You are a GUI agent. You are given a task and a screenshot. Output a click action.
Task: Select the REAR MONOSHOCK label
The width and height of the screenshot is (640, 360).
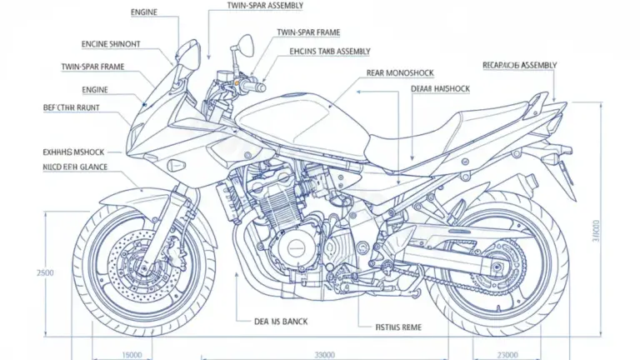(x=401, y=72)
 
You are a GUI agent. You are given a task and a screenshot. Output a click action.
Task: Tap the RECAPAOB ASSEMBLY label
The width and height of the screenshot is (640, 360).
(x=520, y=64)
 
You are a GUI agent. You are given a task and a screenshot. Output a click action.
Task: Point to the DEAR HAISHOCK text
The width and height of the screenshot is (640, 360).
(x=440, y=88)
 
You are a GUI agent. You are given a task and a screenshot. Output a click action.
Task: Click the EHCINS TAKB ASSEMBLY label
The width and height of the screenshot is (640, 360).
(x=329, y=51)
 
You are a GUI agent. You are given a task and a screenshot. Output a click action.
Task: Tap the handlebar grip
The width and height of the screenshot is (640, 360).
(x=253, y=86)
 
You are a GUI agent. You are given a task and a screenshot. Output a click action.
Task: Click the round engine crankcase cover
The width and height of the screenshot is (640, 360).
(x=296, y=247)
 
